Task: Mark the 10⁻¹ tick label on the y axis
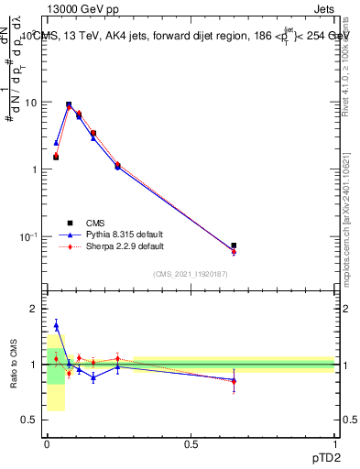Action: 29,237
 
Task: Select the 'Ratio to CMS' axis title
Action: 13,364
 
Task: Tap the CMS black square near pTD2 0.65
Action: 234,245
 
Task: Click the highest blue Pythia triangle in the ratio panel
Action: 56,325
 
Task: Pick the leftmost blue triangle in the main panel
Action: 56,143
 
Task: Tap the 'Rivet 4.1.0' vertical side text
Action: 351,64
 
